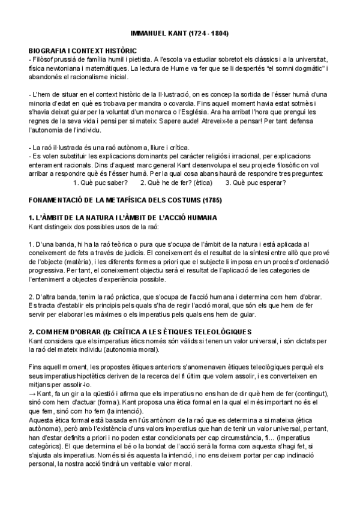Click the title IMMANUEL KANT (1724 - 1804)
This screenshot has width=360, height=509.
pos(179,33)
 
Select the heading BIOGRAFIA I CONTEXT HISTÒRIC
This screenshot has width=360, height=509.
pos(83,52)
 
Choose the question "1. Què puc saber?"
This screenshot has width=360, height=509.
pos(100,182)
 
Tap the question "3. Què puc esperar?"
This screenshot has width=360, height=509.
pos(256,182)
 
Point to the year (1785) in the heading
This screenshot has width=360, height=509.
pos(215,199)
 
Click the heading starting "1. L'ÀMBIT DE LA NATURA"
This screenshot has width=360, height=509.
pos(122,217)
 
